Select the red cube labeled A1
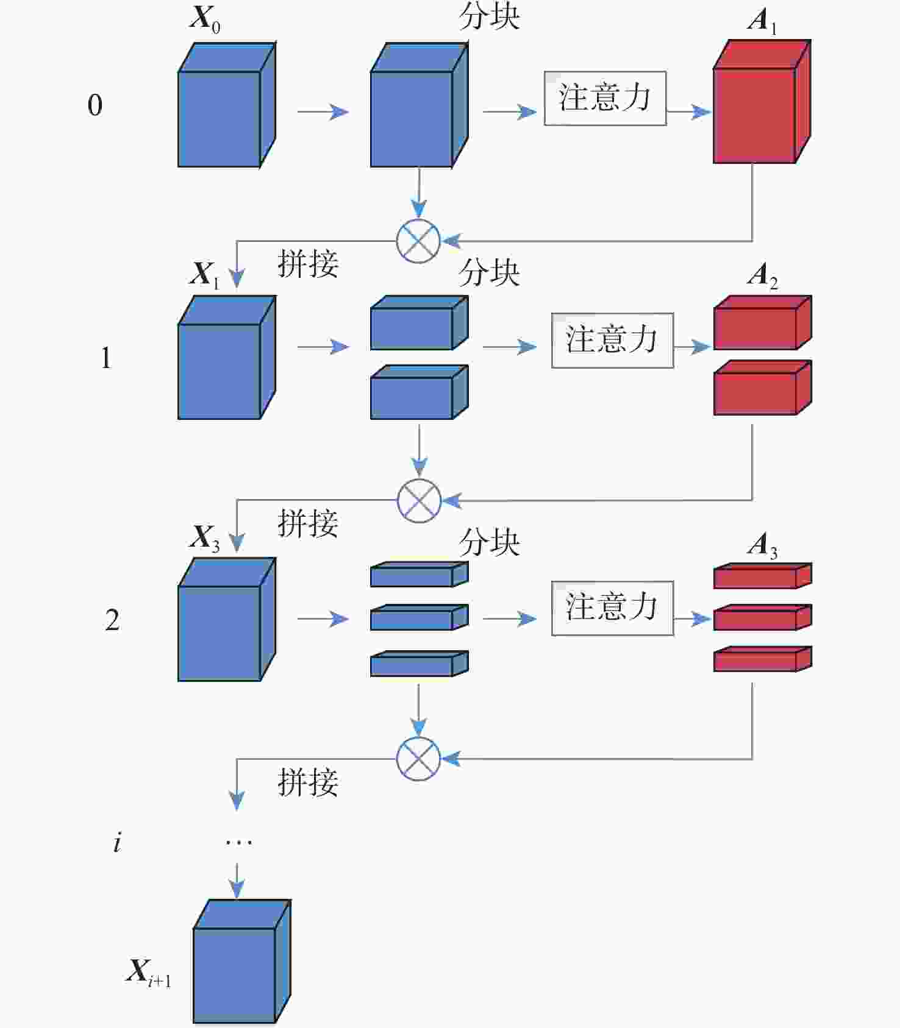coord(760,104)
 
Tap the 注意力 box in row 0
coord(605,99)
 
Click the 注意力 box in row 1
coord(612,340)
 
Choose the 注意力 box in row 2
coord(612,608)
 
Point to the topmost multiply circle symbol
coord(418,241)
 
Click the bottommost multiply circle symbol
coord(418,759)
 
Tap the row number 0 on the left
coord(95,105)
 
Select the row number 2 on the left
coord(112,620)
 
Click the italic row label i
coord(117,843)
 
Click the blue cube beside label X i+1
coord(241,963)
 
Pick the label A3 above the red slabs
coord(763,544)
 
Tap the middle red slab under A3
coord(762,617)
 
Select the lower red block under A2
coord(762,389)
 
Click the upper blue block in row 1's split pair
coord(418,323)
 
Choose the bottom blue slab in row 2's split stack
coord(418,664)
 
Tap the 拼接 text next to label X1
coord(308,264)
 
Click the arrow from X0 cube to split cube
coord(323,112)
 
